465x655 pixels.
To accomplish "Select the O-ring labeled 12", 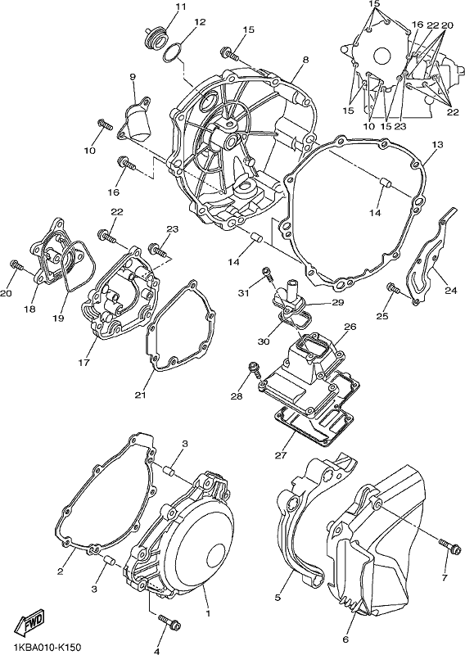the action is click(x=172, y=52).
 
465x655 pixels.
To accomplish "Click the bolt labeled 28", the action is click(x=255, y=369).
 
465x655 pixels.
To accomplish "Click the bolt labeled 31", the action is click(x=268, y=273).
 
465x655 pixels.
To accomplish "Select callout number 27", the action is click(x=281, y=455).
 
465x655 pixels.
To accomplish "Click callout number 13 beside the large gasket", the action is click(x=437, y=145).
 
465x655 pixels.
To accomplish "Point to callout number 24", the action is click(x=450, y=290).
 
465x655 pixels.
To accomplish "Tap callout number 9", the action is click(x=133, y=76).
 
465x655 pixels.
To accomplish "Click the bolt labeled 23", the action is click(x=157, y=251).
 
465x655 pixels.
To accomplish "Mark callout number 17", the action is click(x=84, y=362).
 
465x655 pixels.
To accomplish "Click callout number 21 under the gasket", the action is click(x=140, y=394).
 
